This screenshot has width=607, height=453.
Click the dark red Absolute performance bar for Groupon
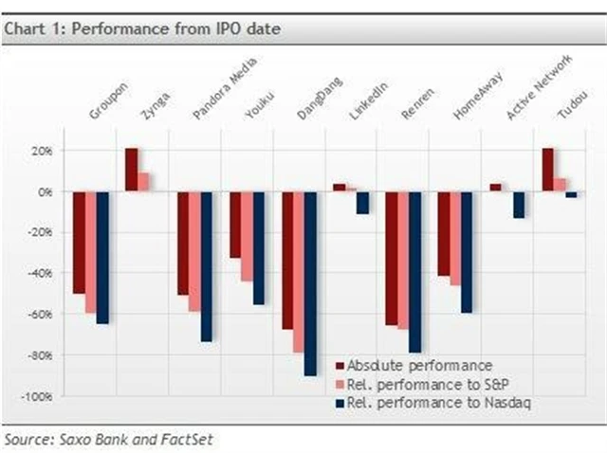[80, 242]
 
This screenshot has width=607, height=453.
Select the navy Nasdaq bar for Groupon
[102, 257]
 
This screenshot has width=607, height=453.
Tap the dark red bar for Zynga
[131, 170]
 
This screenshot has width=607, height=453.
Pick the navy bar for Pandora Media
[206, 265]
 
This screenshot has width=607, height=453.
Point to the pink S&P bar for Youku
[247, 236]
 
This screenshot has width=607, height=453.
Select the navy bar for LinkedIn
[362, 202]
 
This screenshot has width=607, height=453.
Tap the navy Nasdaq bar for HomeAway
[467, 251]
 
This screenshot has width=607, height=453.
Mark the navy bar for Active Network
[518, 204]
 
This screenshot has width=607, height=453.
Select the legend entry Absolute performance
[418, 365]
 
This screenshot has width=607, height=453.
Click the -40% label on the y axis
[42, 274]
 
